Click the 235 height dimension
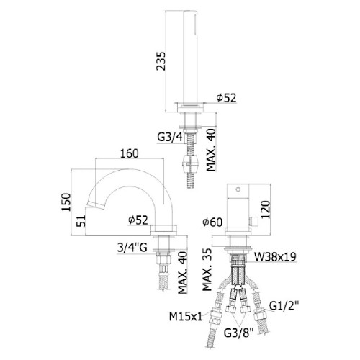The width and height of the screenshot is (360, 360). (161, 61)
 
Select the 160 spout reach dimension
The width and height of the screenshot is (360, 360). (130, 153)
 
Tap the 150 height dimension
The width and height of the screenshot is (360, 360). (66, 202)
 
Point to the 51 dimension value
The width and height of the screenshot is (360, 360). (81, 220)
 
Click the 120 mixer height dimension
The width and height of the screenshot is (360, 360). (265, 210)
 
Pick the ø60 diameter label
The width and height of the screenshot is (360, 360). (212, 222)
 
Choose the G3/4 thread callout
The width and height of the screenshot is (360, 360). (170, 137)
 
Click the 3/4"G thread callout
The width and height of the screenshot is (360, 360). (132, 248)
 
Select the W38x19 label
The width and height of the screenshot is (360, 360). (275, 257)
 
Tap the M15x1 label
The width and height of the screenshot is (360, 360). (186, 316)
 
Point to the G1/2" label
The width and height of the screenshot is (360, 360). (284, 306)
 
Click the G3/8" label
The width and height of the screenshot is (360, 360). (238, 333)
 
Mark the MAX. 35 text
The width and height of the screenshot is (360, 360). (207, 269)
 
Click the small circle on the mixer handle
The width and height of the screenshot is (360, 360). (238, 189)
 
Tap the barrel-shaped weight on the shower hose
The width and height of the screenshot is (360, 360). (190, 163)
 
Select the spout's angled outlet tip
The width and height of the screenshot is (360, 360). (96, 205)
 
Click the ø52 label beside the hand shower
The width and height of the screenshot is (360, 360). (226, 98)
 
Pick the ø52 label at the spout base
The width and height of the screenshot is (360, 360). (138, 220)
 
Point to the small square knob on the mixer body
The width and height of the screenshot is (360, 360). (253, 221)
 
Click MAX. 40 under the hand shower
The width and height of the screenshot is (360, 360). (211, 150)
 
